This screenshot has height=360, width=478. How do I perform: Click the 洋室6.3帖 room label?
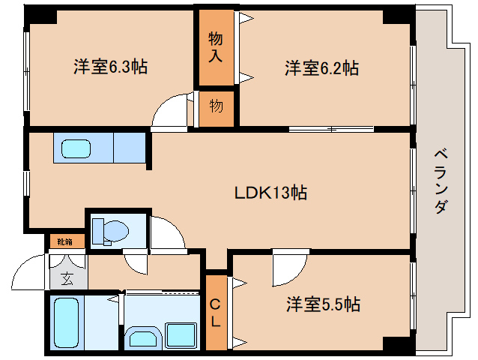110,67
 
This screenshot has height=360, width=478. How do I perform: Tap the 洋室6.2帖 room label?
322,67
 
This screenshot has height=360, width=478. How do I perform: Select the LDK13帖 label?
270,193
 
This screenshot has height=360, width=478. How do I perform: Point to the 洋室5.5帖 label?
323,304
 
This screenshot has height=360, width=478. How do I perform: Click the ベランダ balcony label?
441,181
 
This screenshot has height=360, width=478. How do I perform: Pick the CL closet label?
215,313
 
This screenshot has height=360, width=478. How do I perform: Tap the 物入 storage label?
216,47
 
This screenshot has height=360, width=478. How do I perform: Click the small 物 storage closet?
217,109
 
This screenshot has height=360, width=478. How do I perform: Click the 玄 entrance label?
67,279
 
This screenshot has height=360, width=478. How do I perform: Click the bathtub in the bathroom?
66,322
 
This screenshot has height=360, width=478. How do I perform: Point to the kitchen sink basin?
76,149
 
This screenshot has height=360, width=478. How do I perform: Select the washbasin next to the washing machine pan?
144,338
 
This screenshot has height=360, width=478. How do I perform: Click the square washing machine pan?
181,335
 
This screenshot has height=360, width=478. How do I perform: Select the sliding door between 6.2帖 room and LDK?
331,129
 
